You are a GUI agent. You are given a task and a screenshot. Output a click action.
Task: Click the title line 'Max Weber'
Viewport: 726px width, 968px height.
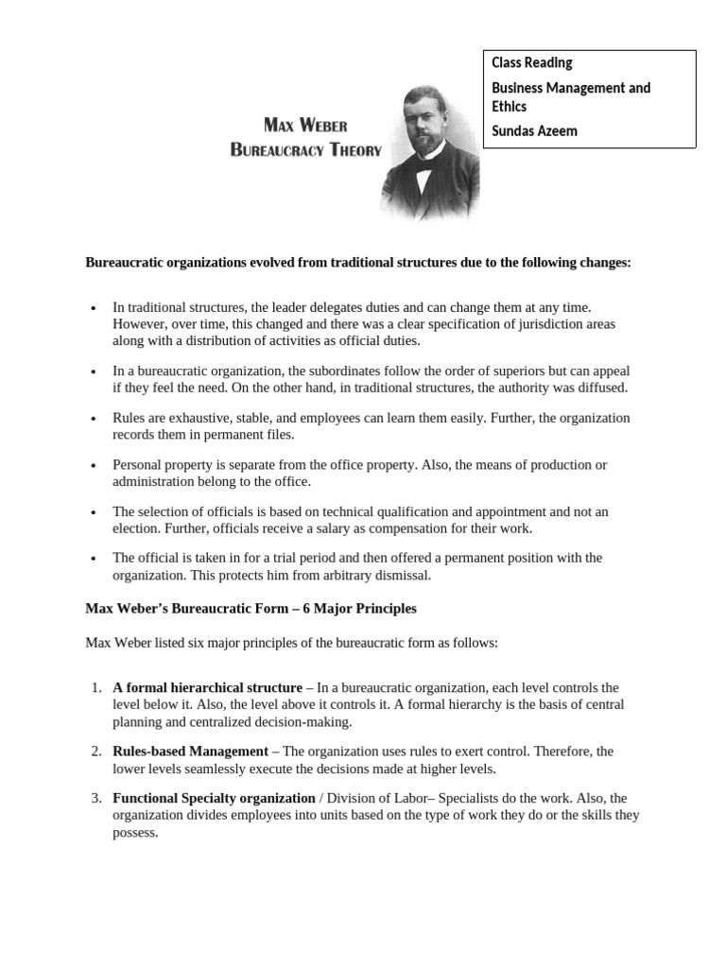304,126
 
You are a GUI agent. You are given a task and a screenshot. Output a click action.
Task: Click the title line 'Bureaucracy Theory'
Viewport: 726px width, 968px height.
305,150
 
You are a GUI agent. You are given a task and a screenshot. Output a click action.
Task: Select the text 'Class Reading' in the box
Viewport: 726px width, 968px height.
531,63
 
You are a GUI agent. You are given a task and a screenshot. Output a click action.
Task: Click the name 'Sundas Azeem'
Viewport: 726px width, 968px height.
534,131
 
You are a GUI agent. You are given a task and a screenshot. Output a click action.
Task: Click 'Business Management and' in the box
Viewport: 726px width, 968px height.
571,88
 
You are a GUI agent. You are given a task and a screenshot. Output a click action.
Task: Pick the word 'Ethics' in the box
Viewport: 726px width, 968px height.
509,107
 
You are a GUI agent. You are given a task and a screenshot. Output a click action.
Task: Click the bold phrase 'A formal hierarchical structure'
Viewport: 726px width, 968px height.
207,687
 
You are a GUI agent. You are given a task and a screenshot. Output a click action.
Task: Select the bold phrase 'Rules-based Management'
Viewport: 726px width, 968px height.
190,751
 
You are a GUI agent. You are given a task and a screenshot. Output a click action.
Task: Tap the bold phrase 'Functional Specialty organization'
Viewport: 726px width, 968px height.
214,798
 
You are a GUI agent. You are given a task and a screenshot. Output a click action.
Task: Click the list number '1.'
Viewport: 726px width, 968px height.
96,687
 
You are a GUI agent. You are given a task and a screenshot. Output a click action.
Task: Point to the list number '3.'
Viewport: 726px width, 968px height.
96,798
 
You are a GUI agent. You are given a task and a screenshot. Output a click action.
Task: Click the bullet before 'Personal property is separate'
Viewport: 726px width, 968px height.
93,466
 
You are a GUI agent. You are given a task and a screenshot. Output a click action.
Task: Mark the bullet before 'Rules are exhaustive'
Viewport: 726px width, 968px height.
93,419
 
